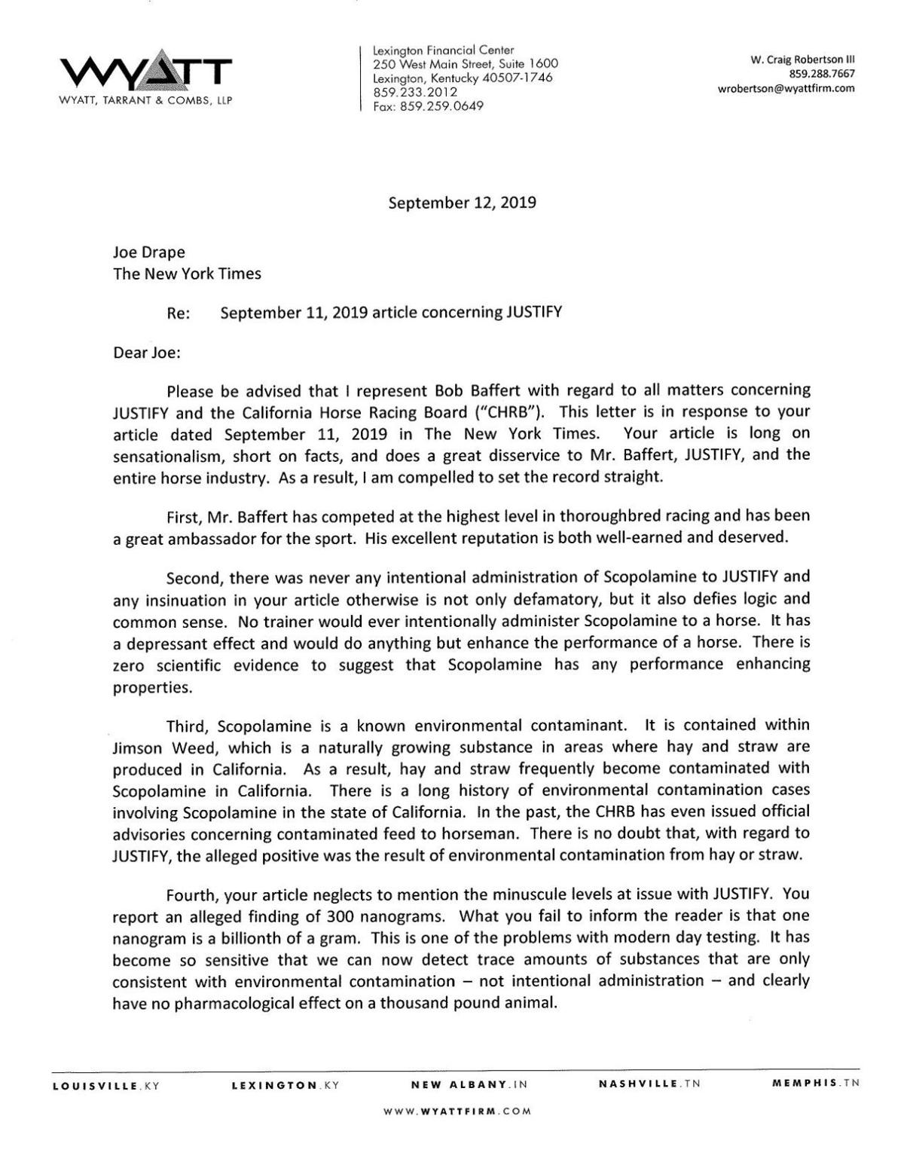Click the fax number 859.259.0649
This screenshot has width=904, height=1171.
coord(429,106)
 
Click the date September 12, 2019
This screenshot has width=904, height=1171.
coord(462,203)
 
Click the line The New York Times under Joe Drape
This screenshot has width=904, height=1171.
coord(187,274)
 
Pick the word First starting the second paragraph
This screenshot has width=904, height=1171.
coord(185,516)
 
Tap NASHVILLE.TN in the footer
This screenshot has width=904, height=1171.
coord(649,1084)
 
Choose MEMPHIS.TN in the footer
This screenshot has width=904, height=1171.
coord(816,1084)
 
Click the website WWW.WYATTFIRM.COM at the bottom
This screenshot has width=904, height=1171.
coord(457,1111)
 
